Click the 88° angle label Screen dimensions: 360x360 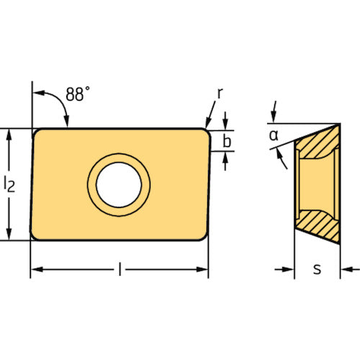(78, 94)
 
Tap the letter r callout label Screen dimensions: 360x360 (220, 93)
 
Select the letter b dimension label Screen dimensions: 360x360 (227, 140)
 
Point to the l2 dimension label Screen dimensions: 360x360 (9, 184)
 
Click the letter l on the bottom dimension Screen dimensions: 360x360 (120, 269)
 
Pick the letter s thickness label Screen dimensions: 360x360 (317, 269)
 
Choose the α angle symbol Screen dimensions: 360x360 (274, 135)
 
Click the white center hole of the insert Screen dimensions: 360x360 (119, 185)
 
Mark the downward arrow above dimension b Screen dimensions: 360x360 (225, 121)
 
